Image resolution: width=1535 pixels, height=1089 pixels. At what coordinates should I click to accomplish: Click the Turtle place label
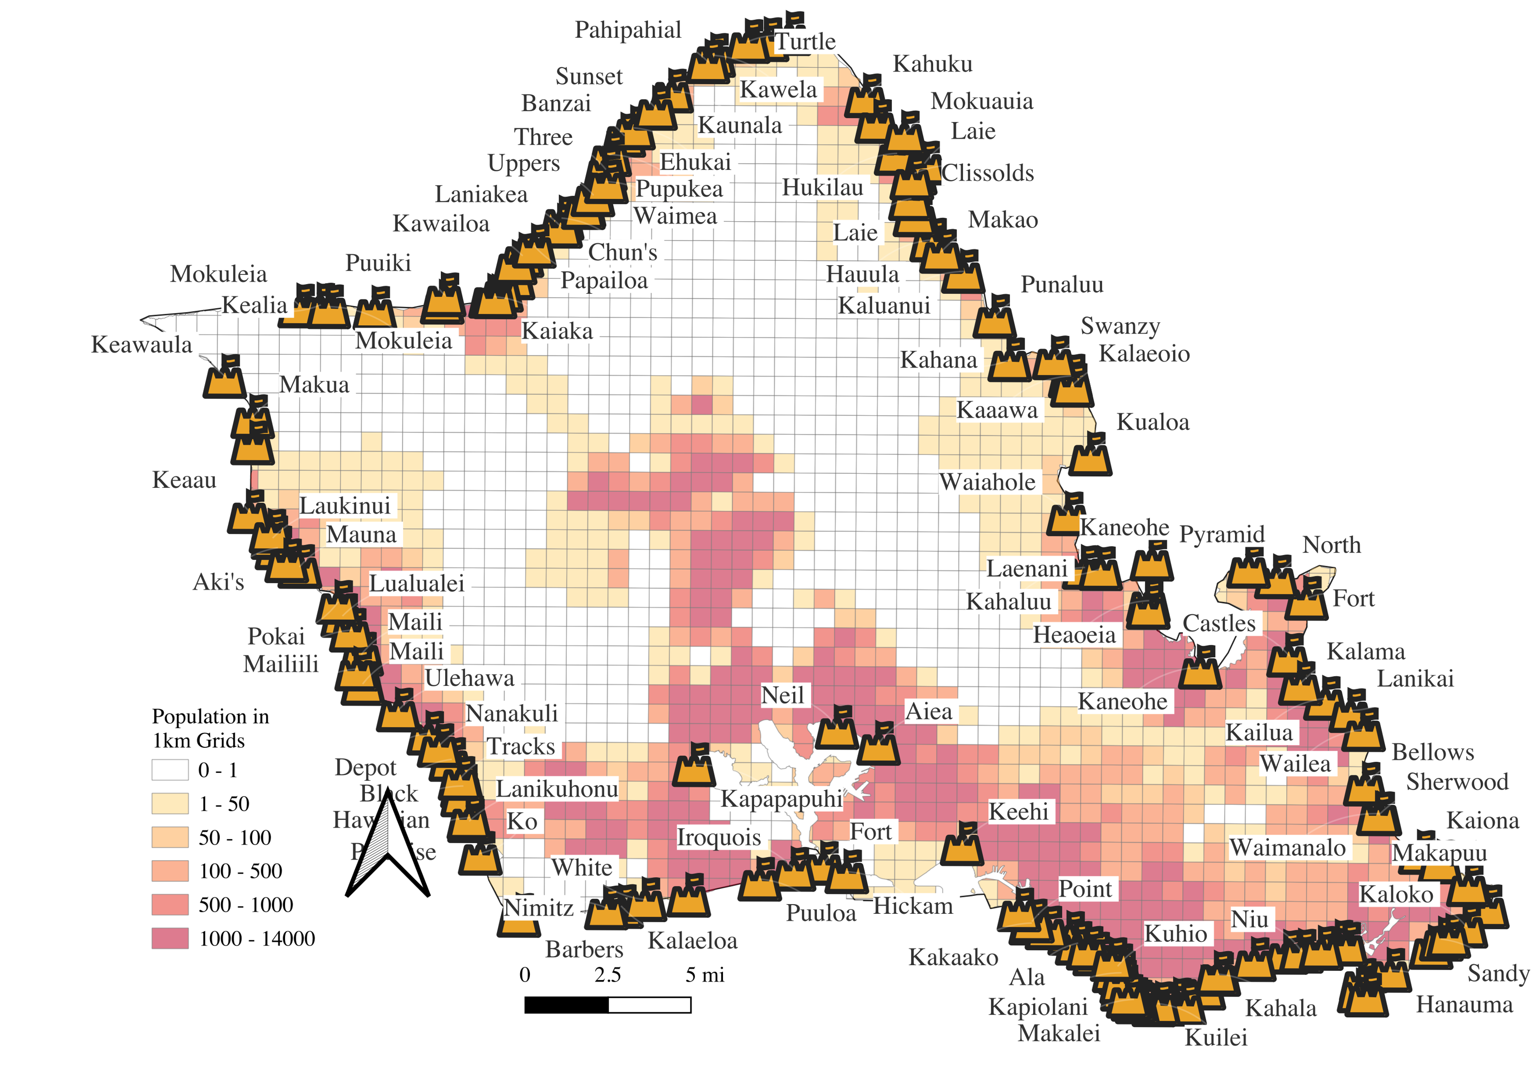coord(805,42)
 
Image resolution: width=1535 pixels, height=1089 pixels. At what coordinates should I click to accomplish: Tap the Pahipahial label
coord(628,30)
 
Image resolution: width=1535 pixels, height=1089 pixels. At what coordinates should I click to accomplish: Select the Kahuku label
coord(933,64)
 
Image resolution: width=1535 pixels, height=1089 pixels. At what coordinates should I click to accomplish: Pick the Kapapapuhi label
coord(782,799)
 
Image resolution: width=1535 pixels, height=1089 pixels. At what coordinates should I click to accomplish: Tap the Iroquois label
coord(719,837)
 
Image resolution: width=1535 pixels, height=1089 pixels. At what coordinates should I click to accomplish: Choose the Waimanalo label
coord(1287,847)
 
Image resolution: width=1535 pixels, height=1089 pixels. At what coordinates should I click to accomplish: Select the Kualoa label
coord(1153,423)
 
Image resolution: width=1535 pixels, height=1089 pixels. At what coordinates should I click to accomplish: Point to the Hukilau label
coord(823,188)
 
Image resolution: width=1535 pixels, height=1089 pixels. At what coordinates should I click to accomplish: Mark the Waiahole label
coord(987,482)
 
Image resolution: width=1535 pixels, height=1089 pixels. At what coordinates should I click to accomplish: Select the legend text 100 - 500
coord(240,871)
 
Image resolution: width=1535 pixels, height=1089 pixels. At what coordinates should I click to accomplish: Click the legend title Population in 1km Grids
coord(210,728)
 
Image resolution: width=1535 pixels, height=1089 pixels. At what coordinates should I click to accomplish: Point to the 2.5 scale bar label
coord(607,975)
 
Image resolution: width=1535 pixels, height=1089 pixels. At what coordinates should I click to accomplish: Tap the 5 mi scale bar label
coord(705,975)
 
